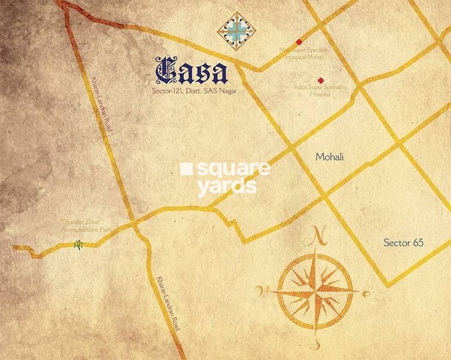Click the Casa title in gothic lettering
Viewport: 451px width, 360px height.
click(x=191, y=72)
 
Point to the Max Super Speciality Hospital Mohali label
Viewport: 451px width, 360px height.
click(x=302, y=56)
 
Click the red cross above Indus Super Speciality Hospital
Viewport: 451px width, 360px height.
click(x=321, y=80)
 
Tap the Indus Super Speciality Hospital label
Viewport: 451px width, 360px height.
click(x=320, y=90)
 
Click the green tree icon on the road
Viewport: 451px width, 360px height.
click(x=77, y=245)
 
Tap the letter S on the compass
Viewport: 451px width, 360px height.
click(x=316, y=345)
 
